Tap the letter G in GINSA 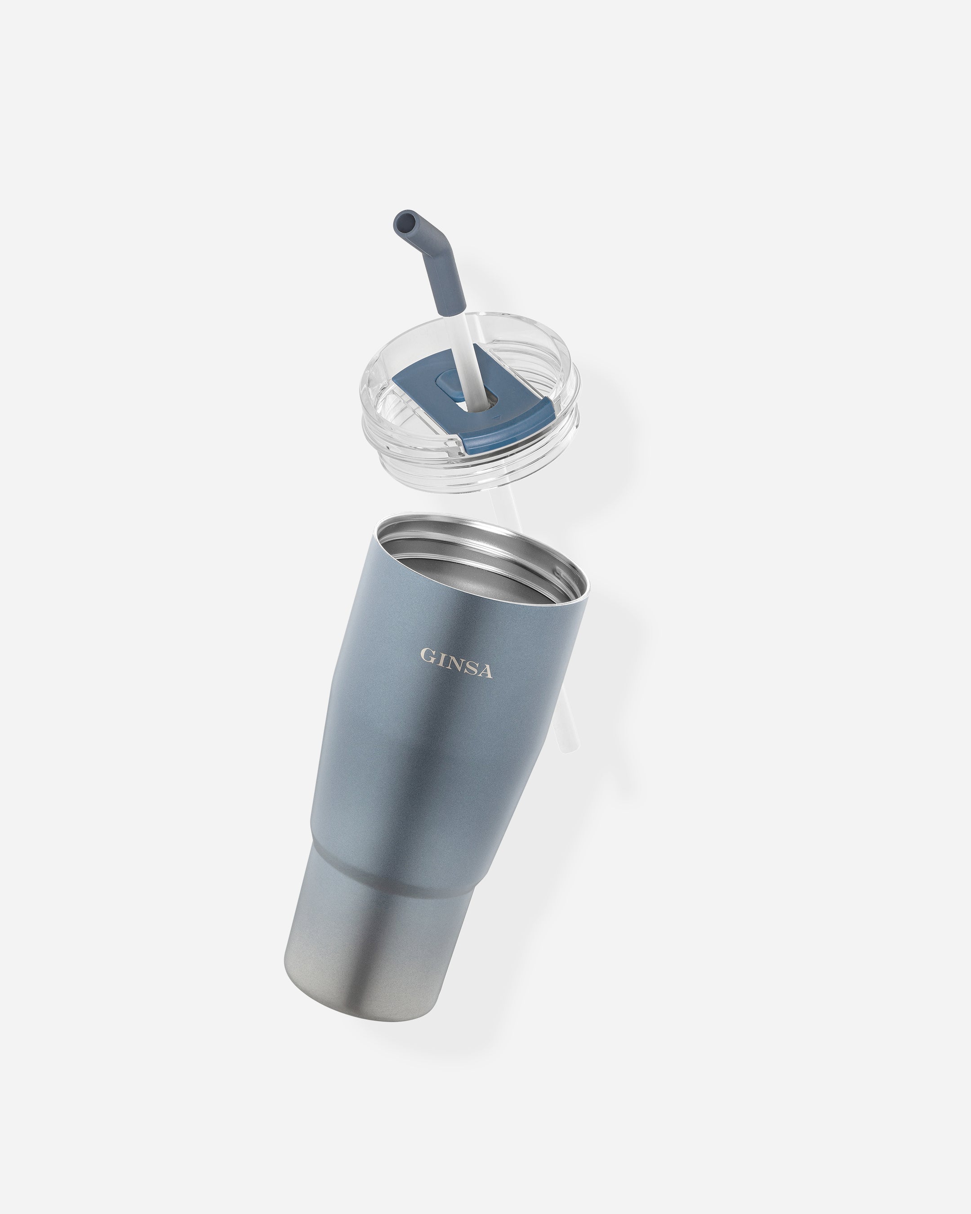coord(428,656)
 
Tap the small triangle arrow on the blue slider coord(496,418)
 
